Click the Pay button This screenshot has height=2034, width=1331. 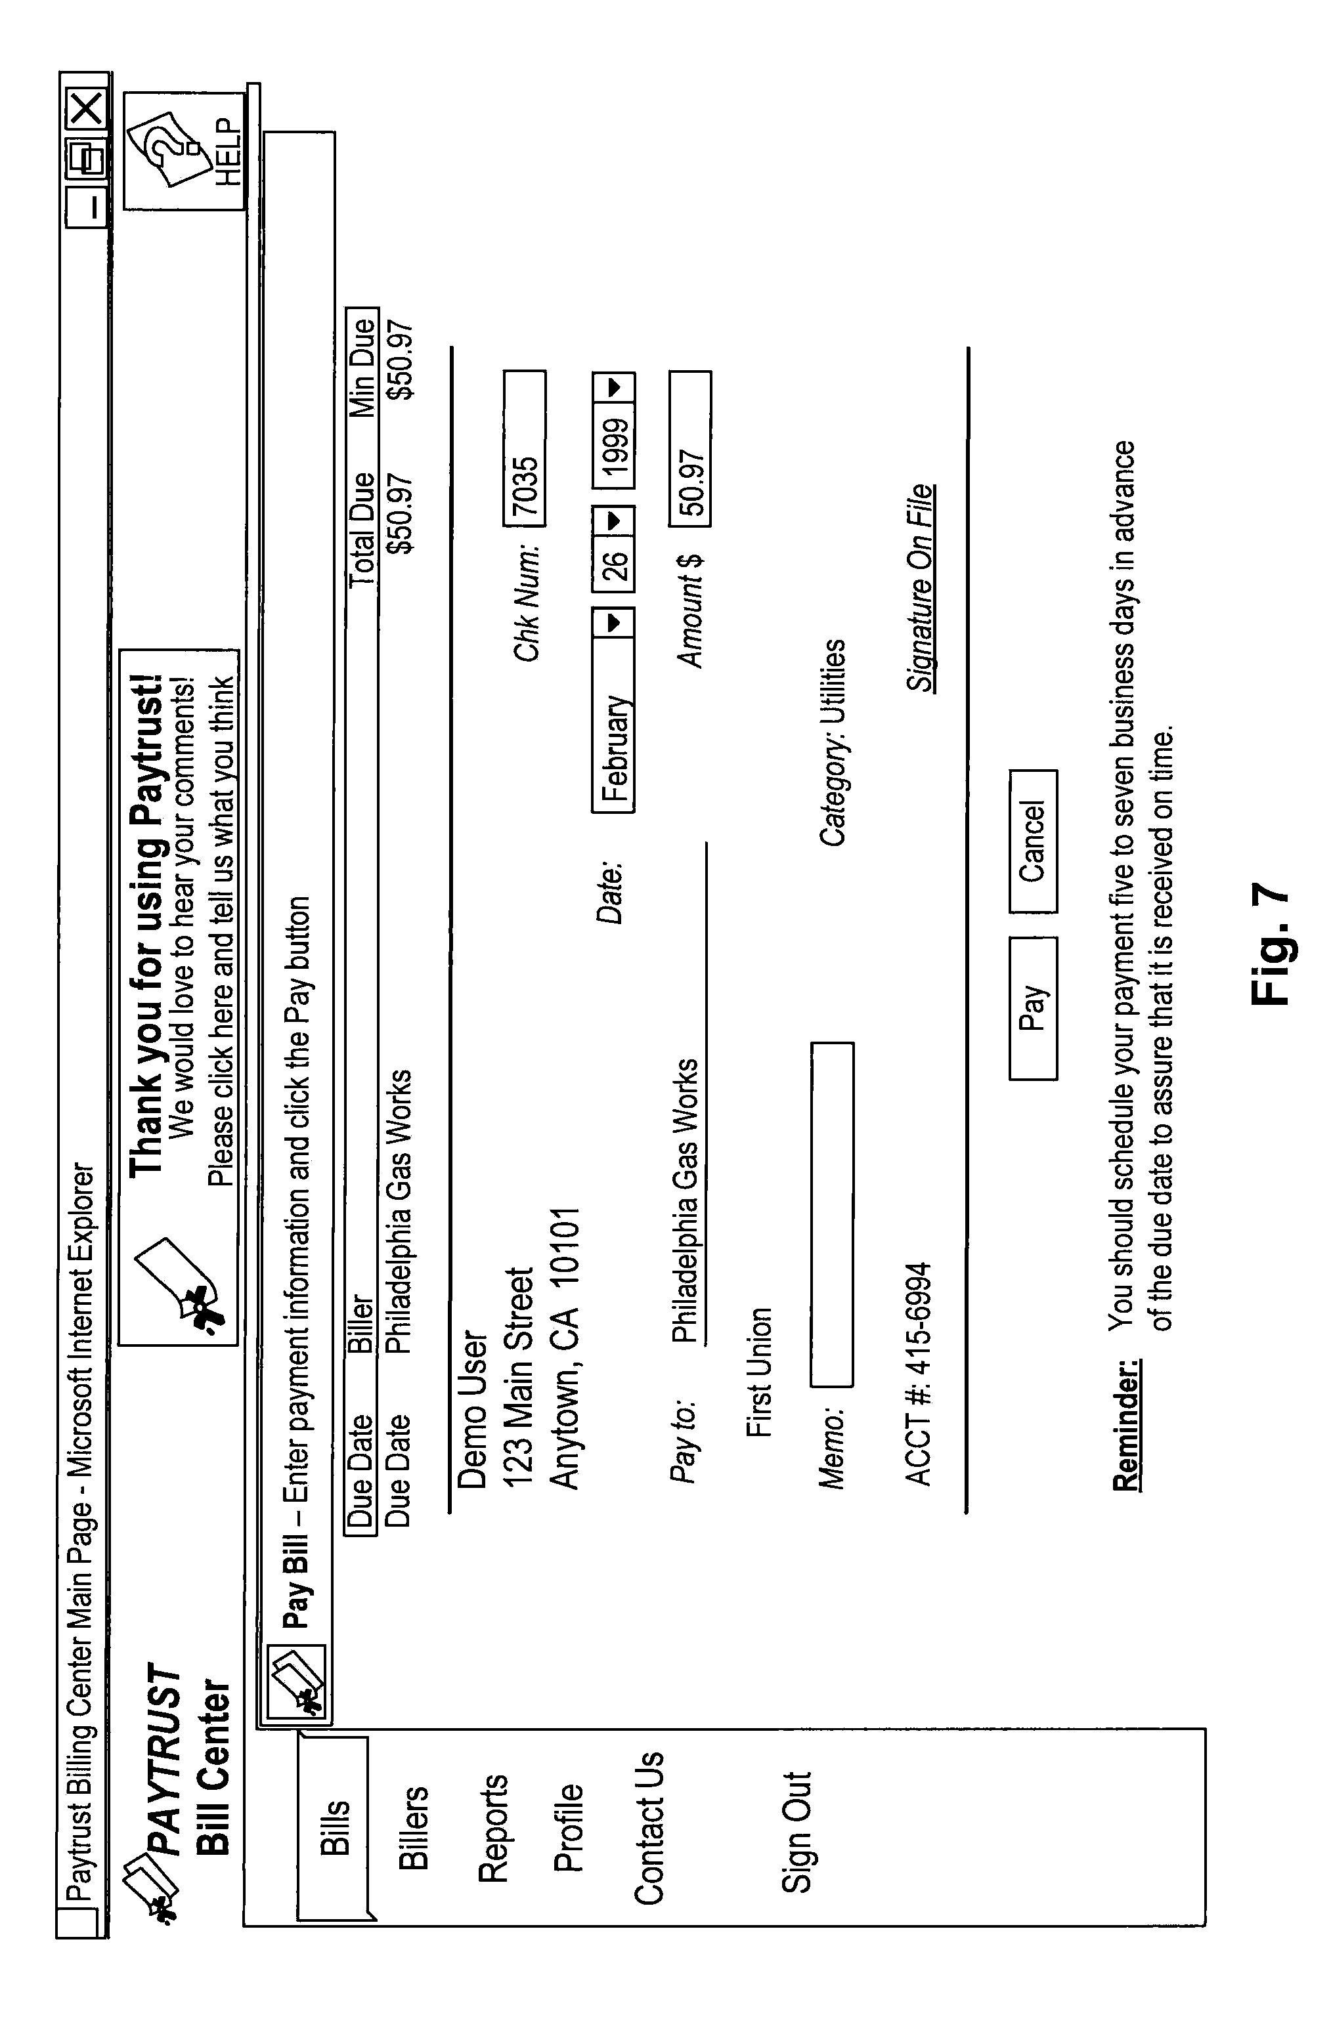point(1033,1008)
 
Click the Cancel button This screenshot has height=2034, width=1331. point(1033,841)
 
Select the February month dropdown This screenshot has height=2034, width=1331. point(613,710)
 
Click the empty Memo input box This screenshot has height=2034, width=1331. point(832,1214)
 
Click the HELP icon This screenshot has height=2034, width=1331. point(184,151)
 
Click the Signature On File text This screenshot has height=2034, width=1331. point(920,587)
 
